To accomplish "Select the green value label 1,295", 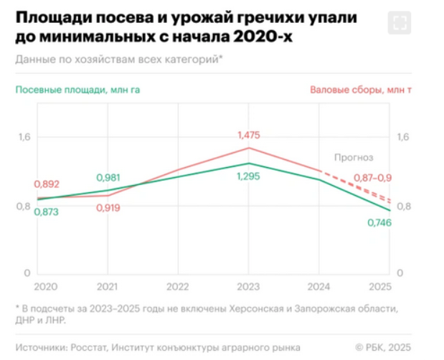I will click(247, 177).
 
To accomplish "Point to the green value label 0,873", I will click(47, 212).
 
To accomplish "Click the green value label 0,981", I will click(108, 178).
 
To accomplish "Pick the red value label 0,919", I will click(108, 208).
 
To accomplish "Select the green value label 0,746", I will click(380, 223).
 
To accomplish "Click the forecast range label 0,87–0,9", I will click(372, 178).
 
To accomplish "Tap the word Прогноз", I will click(354, 157).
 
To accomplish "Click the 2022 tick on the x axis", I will click(178, 286).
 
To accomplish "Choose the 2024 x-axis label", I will click(318, 286).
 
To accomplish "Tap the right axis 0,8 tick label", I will click(403, 207).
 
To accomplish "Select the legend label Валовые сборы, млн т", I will click(362, 90).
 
